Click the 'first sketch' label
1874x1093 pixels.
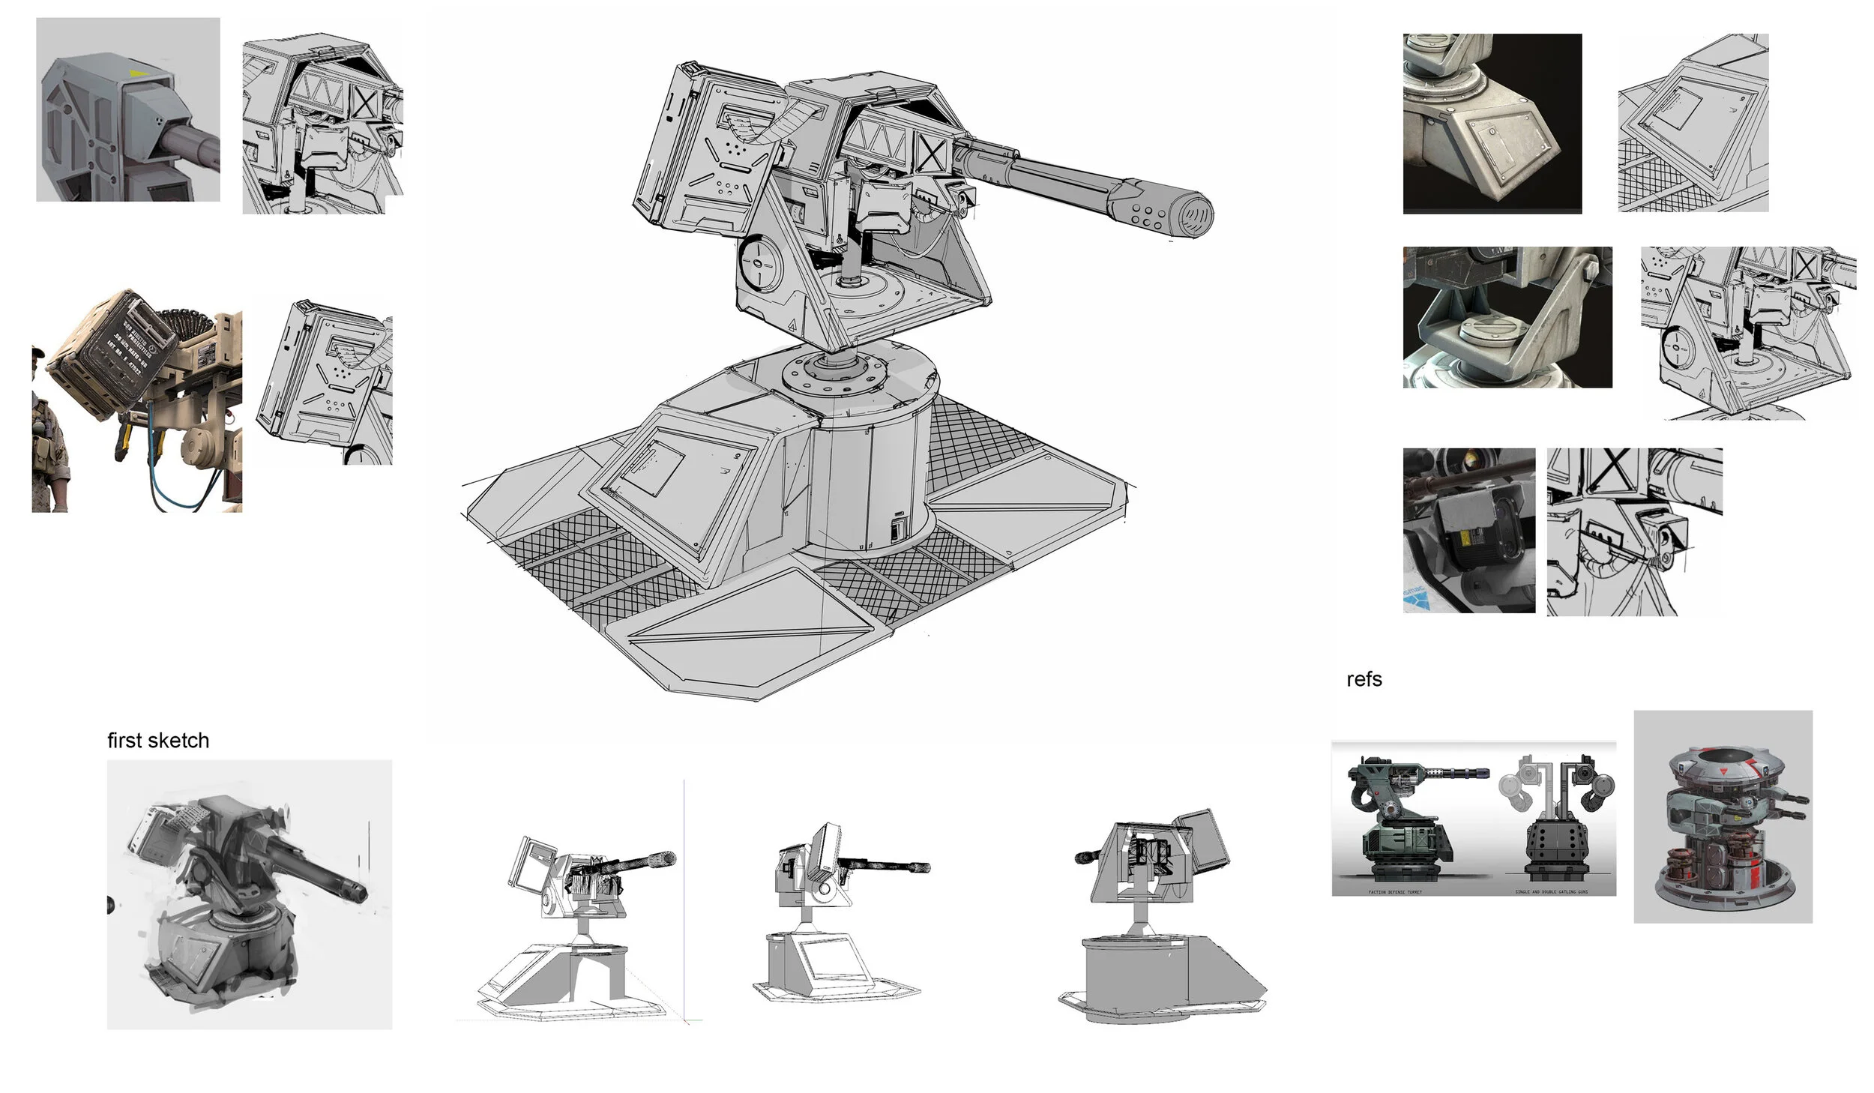pos(158,741)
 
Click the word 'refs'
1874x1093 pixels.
pos(1364,679)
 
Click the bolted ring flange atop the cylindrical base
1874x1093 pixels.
pos(833,370)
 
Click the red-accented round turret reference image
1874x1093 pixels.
pos(1723,816)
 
